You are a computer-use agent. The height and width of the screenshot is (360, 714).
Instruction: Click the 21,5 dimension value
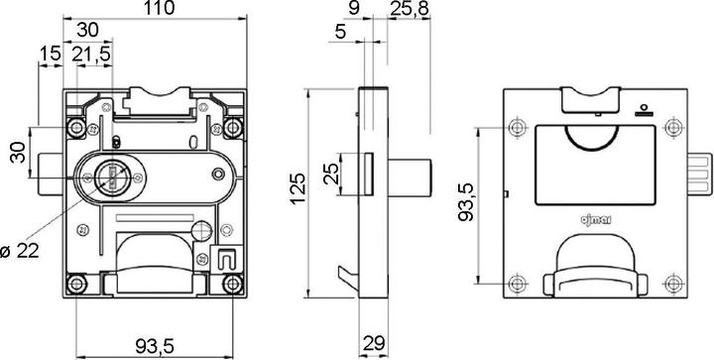click(x=91, y=53)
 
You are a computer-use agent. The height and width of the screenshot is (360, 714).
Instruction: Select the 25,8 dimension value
click(x=410, y=9)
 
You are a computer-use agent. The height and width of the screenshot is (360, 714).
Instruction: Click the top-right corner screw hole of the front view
click(x=233, y=126)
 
